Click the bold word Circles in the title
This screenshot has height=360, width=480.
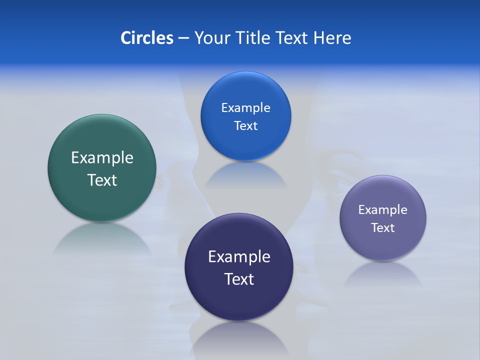click(146, 38)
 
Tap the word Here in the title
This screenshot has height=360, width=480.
click(332, 38)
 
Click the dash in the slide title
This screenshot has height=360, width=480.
click(183, 38)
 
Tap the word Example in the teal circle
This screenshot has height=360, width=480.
click(102, 158)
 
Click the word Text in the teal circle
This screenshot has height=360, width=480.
click(102, 180)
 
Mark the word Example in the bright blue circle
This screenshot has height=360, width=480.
click(245, 108)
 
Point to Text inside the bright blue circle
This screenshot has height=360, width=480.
click(245, 126)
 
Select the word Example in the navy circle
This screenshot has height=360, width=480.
click(239, 257)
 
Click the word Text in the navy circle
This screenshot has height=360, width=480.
click(239, 279)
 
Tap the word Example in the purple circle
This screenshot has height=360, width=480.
click(383, 210)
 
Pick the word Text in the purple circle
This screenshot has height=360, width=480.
click(383, 228)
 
